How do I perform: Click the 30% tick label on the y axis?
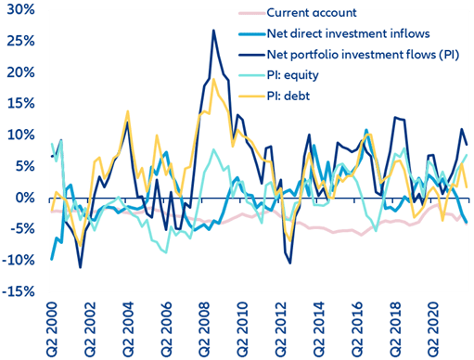tap(20, 9)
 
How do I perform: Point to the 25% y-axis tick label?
tap(20, 41)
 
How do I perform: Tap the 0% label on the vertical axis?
tap(25, 198)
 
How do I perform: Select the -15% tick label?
tap(19, 291)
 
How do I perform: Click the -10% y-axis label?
tap(19, 261)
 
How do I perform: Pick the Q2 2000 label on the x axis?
tap(51, 329)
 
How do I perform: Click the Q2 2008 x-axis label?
tap(204, 329)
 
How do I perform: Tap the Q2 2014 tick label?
tap(319, 329)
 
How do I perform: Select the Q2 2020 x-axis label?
tap(433, 329)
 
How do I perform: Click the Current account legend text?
tap(312, 13)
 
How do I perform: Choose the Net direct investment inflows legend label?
tap(348, 33)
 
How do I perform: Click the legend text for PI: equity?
tap(292, 75)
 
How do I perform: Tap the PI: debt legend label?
tap(288, 96)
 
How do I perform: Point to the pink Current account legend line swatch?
tap(252, 13)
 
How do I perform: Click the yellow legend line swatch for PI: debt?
tap(252, 96)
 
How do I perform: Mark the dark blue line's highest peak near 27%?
tap(213, 31)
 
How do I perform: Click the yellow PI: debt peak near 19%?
tap(213, 79)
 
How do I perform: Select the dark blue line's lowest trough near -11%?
tap(81, 267)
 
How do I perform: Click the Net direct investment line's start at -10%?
tap(52, 259)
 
